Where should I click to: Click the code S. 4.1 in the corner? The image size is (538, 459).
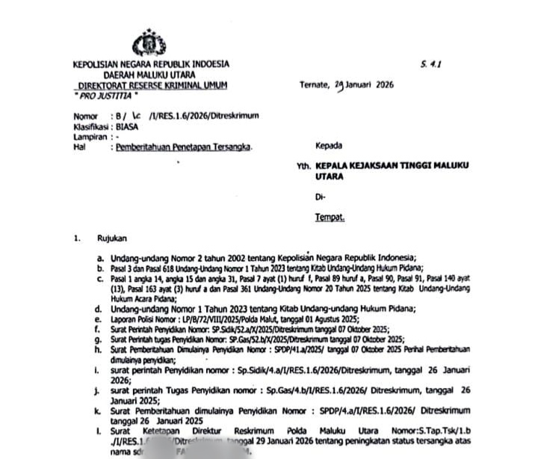431,66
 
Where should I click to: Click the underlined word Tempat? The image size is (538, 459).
329,218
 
